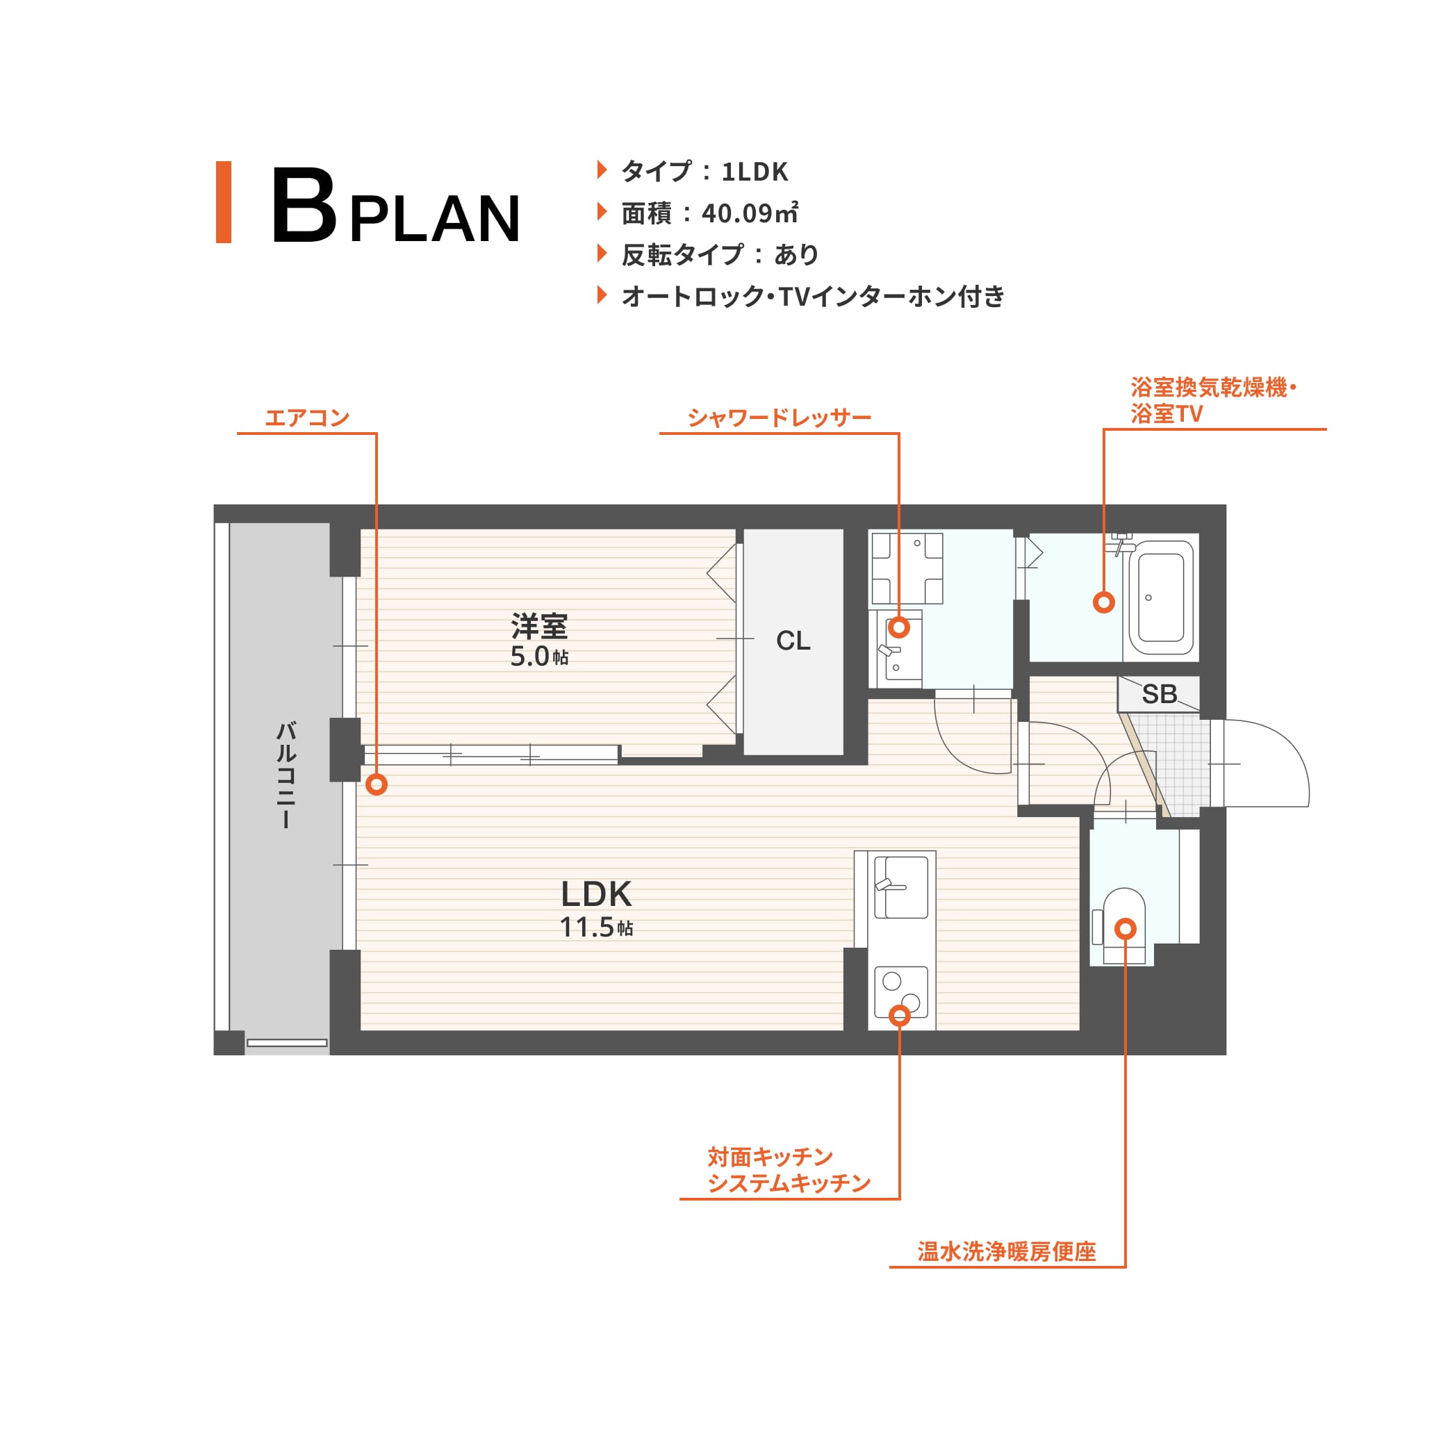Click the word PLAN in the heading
pyautogui.click(x=435, y=218)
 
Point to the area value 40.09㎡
pyautogui.click(x=750, y=213)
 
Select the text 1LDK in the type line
pyautogui.click(x=754, y=172)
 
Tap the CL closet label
pyautogui.click(x=793, y=641)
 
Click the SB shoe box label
pyautogui.click(x=1160, y=694)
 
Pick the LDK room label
pyautogui.click(x=596, y=894)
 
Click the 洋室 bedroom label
pyautogui.click(x=539, y=627)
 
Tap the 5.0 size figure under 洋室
pyautogui.click(x=529, y=657)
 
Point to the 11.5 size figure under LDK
pyautogui.click(x=586, y=928)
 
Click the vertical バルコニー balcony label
pyautogui.click(x=286, y=775)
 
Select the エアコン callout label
pyautogui.click(x=307, y=418)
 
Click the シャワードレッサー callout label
pyautogui.click(x=780, y=418)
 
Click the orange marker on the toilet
pyautogui.click(x=1126, y=928)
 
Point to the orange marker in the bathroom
pyautogui.click(x=1104, y=602)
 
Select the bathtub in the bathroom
pyautogui.click(x=1161, y=597)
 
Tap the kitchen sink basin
pyautogui.click(x=901, y=888)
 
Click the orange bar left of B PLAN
pyautogui.click(x=224, y=202)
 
